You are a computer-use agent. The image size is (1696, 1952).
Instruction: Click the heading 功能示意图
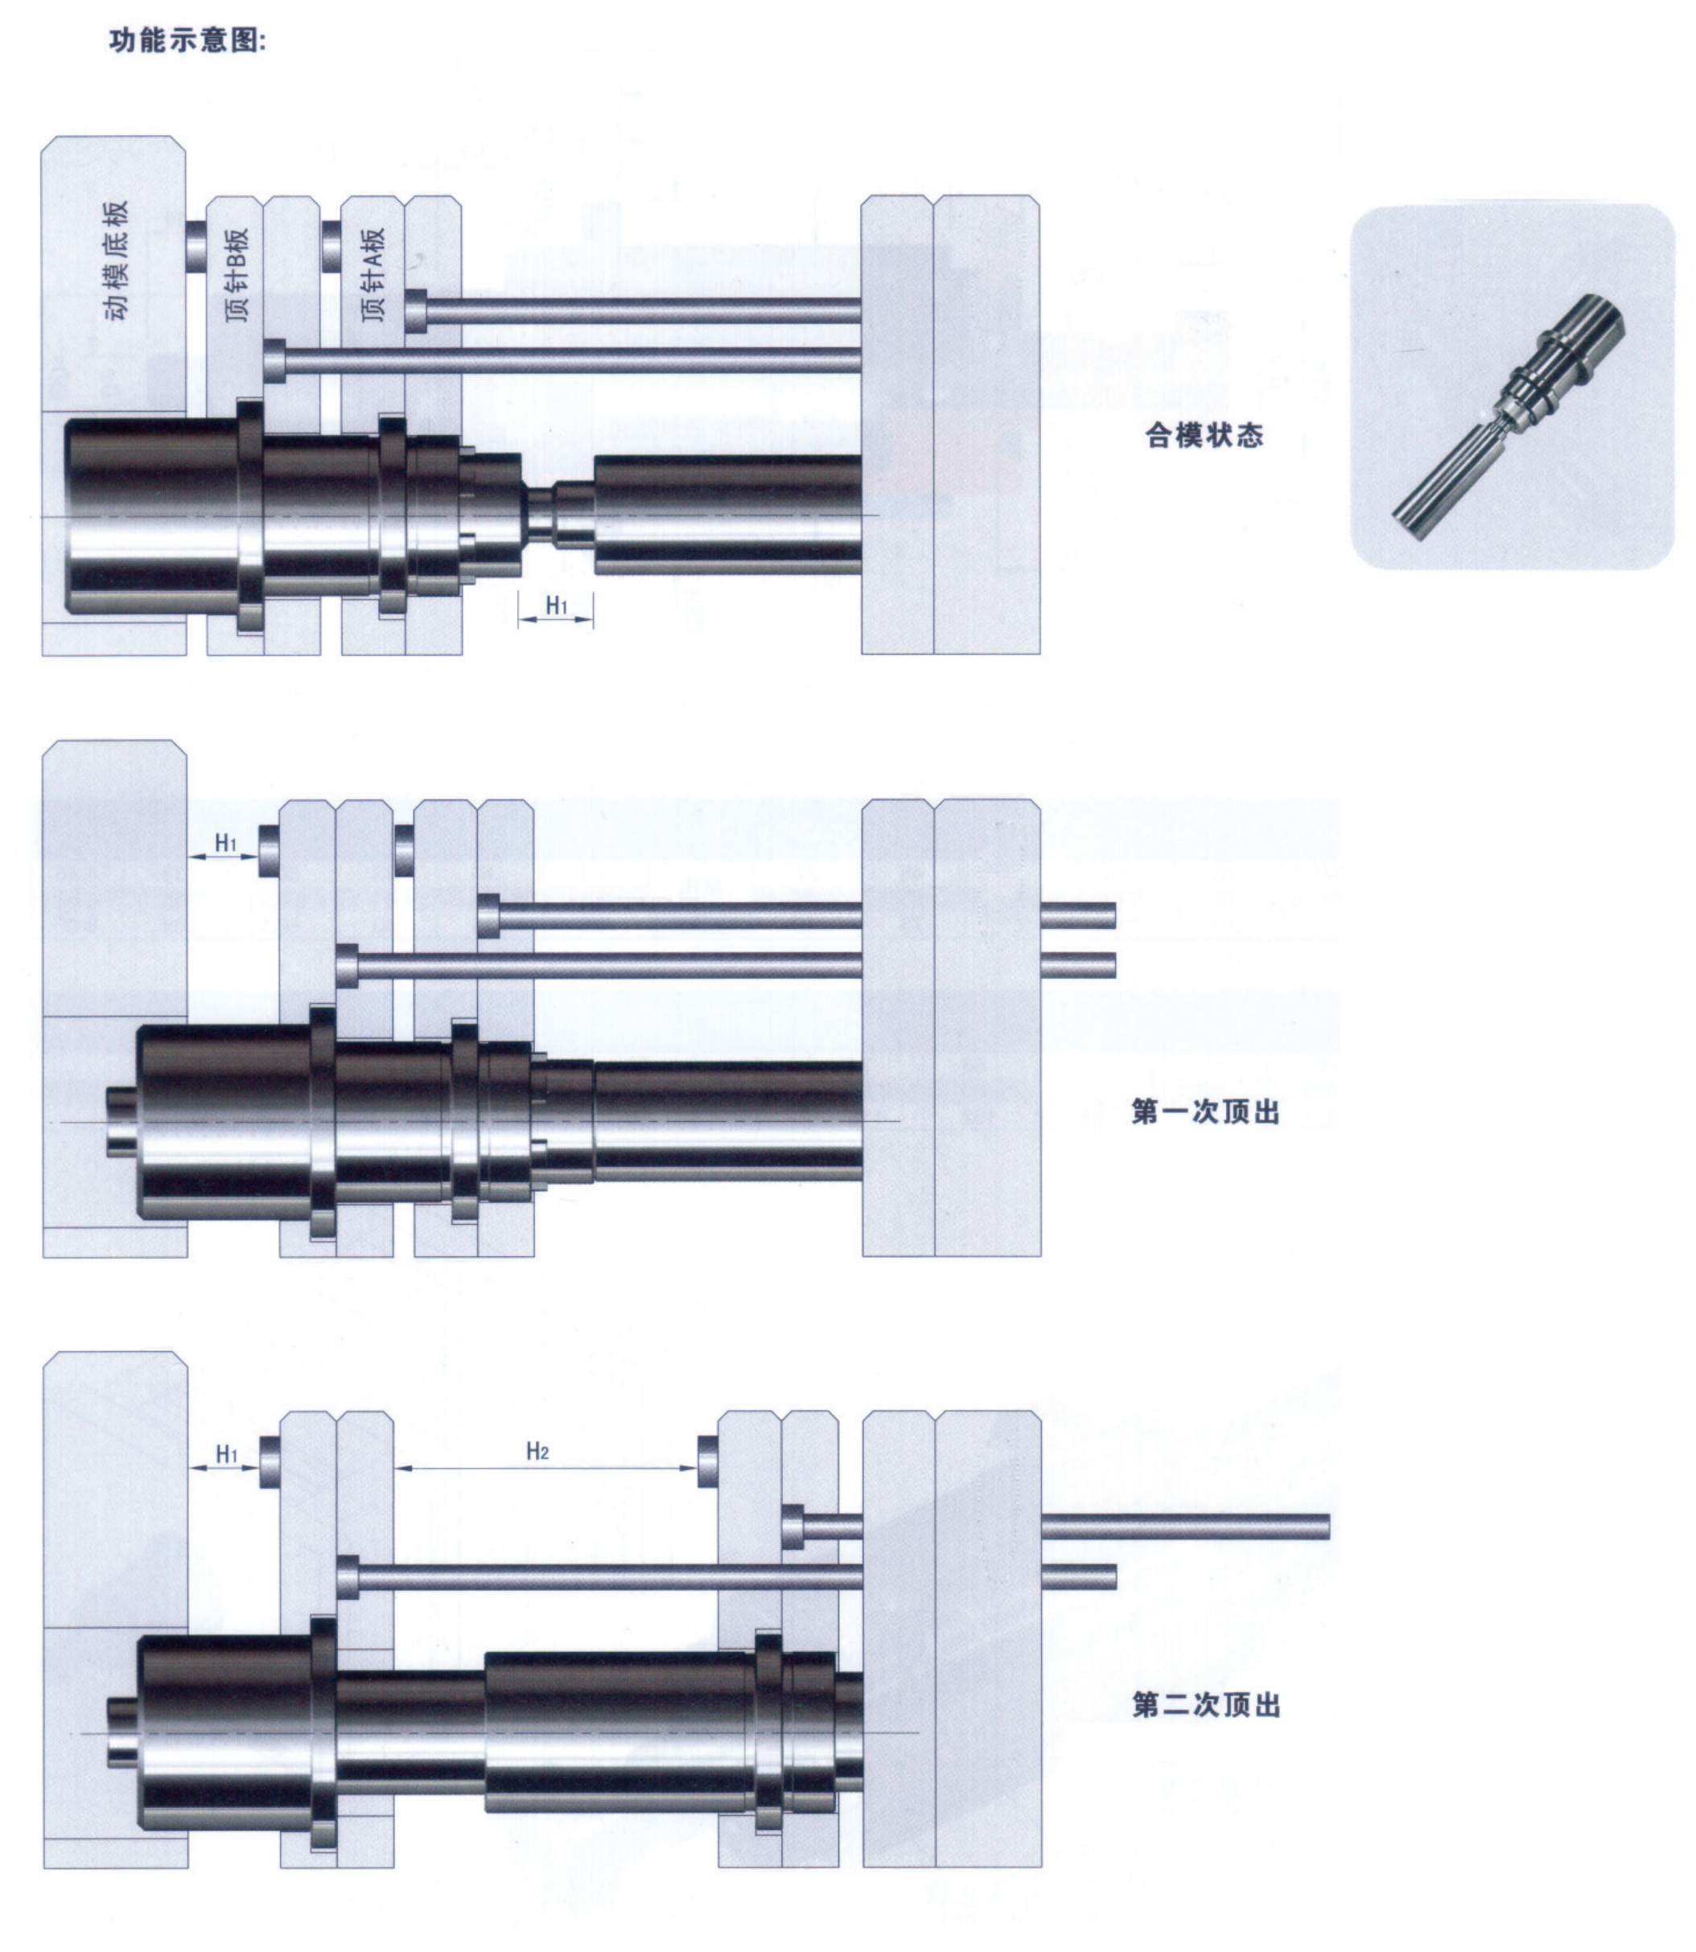tap(187, 41)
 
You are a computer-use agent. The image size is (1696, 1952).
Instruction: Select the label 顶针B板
tap(237, 273)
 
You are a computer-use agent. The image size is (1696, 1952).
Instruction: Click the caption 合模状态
tap(1204, 435)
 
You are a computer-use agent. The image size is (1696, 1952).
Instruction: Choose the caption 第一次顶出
tap(1204, 1111)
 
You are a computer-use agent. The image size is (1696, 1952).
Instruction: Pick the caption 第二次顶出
tap(1206, 1705)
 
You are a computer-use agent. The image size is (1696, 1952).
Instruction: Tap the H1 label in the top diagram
tap(557, 605)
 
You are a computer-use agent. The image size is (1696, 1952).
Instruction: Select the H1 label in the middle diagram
tap(226, 842)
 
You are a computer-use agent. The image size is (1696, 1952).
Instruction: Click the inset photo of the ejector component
tap(1512, 387)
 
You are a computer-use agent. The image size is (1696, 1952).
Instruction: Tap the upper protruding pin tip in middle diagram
tap(1078, 915)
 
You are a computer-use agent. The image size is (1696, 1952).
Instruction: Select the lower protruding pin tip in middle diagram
tap(1078, 965)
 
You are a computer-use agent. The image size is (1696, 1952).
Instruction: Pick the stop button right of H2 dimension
tap(707, 1460)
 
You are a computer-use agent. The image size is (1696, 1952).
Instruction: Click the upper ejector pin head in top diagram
tap(417, 310)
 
